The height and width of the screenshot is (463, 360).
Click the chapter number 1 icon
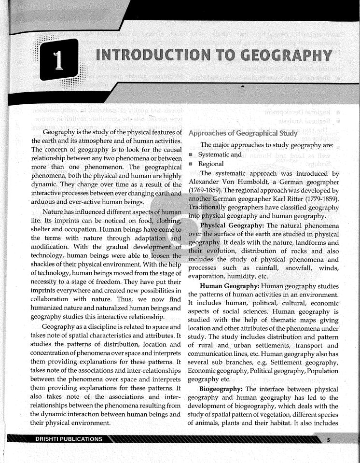click(59, 63)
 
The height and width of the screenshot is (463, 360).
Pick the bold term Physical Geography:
click(232, 225)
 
